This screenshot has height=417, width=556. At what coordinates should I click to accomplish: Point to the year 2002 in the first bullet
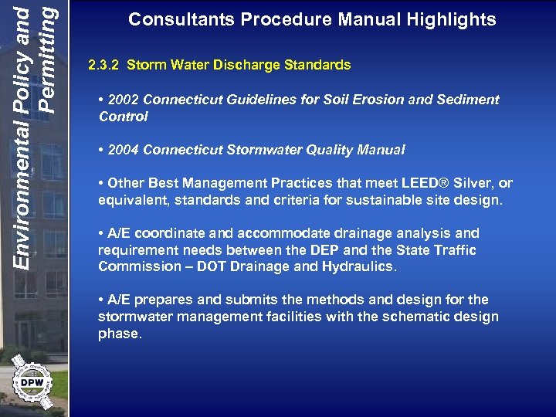(x=124, y=100)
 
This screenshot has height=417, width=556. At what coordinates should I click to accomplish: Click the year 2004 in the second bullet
(x=124, y=150)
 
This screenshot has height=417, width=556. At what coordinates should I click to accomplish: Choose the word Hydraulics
(x=358, y=267)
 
